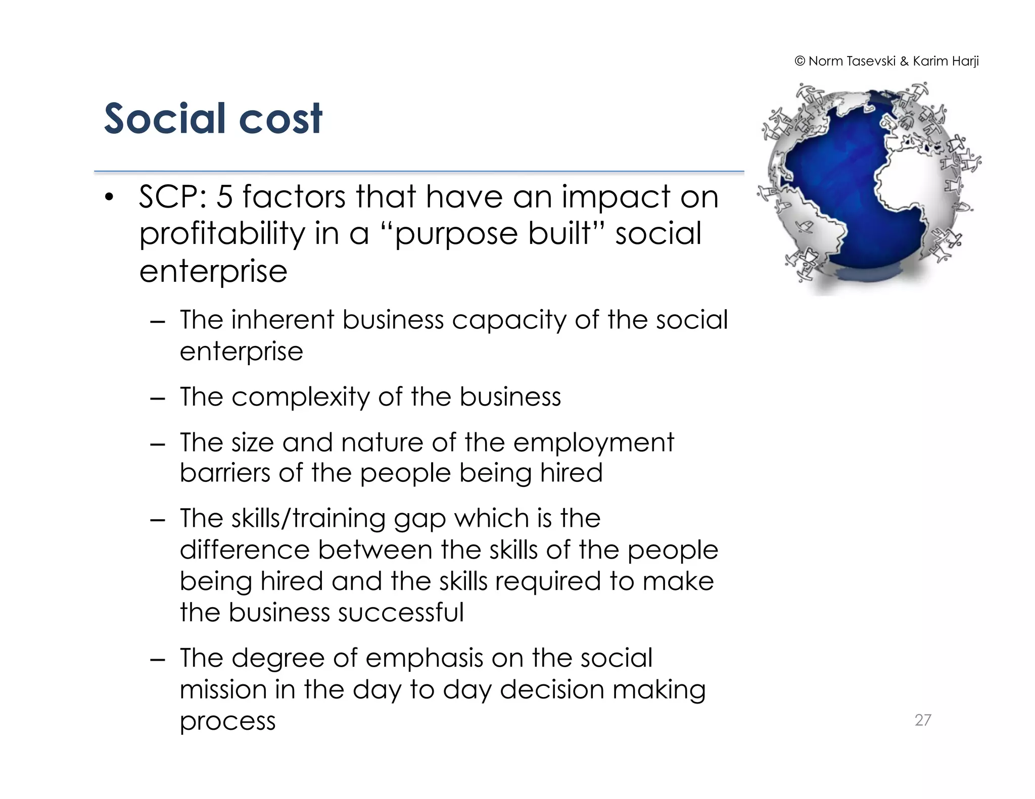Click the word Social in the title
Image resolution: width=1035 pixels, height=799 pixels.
pos(164,119)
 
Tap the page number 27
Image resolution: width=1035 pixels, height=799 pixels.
pos(922,720)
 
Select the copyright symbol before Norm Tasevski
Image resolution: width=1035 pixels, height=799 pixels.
pos(799,61)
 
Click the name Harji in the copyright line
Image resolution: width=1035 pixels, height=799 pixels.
pos(965,61)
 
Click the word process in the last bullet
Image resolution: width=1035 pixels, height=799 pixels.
pos(227,721)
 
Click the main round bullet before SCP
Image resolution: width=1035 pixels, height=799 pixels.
pos(109,197)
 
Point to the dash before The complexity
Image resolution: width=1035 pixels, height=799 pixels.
pos(158,398)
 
